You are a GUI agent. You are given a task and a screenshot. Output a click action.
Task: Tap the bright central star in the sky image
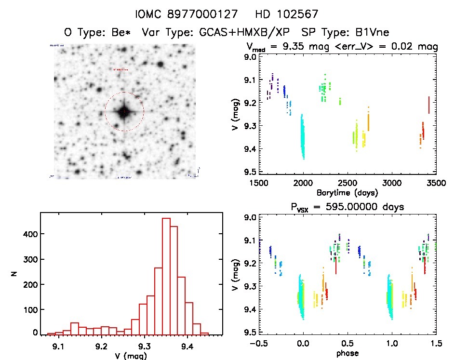click(124, 112)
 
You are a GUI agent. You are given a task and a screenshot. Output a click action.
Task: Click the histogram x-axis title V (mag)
click(128, 355)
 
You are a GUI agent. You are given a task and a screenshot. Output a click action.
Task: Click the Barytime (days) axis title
click(347, 192)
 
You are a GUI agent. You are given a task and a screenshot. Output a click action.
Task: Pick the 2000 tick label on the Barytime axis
click(303, 183)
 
